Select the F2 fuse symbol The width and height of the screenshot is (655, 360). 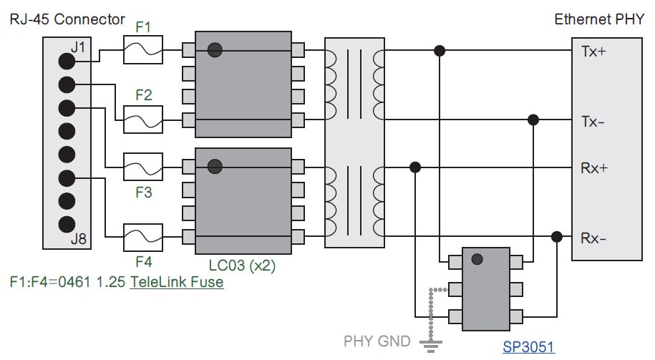point(143,119)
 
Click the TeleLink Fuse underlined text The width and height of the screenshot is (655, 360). point(176,282)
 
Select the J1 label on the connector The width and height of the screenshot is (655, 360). point(79,48)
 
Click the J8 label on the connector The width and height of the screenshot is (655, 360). point(79,239)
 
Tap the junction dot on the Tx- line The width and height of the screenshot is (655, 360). point(533,119)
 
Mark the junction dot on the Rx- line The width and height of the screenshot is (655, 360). point(555,237)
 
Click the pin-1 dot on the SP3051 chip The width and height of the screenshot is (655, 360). point(477,259)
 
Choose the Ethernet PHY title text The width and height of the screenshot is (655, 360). point(598,19)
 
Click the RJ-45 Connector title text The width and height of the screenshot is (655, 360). point(67,19)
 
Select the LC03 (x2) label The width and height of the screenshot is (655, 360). point(242,266)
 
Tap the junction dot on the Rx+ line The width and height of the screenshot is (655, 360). point(414,167)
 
